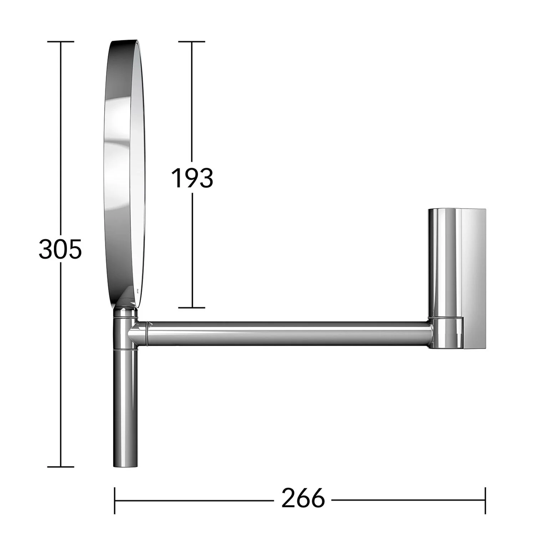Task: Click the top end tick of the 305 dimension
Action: click(x=61, y=42)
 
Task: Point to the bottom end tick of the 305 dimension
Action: click(x=61, y=467)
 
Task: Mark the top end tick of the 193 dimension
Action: click(x=192, y=42)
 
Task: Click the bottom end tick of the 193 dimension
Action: click(x=192, y=307)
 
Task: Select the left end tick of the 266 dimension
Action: click(x=114, y=500)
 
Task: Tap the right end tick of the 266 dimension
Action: click(x=485, y=500)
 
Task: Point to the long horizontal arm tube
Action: click(x=285, y=333)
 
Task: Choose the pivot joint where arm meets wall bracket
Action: click(x=446, y=333)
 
